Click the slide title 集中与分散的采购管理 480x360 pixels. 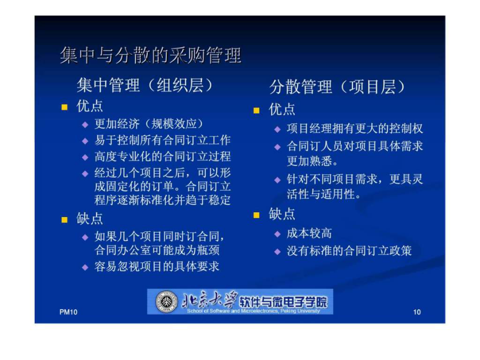pyautogui.click(x=150, y=55)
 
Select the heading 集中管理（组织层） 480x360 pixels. pyautogui.click(x=145, y=85)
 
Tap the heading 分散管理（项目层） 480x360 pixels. pyautogui.click(x=338, y=86)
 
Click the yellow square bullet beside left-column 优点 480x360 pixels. pyautogui.click(x=65, y=107)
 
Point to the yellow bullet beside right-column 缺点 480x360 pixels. pyautogui.click(x=257, y=215)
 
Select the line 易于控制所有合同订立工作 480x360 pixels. pyautogui.click(x=163, y=140)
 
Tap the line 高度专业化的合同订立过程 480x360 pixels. pyautogui.click(x=163, y=156)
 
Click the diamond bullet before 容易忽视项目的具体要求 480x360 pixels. pyautogui.click(x=85, y=267)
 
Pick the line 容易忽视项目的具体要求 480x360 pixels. pyautogui.click(x=157, y=267)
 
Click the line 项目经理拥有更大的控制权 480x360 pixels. pyautogui.click(x=355, y=129)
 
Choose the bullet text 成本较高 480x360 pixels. pyautogui.click(x=309, y=234)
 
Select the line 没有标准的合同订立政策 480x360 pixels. pyautogui.click(x=349, y=251)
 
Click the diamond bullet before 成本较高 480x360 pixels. pyautogui.click(x=277, y=234)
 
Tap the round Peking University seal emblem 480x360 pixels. pyautogui.click(x=166, y=301)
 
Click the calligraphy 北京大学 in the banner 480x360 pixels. pyautogui.click(x=210, y=300)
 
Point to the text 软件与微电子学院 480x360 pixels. pyautogui.click(x=283, y=302)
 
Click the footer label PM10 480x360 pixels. pyautogui.click(x=68, y=312)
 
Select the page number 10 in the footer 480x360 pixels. pyautogui.click(x=417, y=312)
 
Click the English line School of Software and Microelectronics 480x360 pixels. pyautogui.click(x=253, y=311)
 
